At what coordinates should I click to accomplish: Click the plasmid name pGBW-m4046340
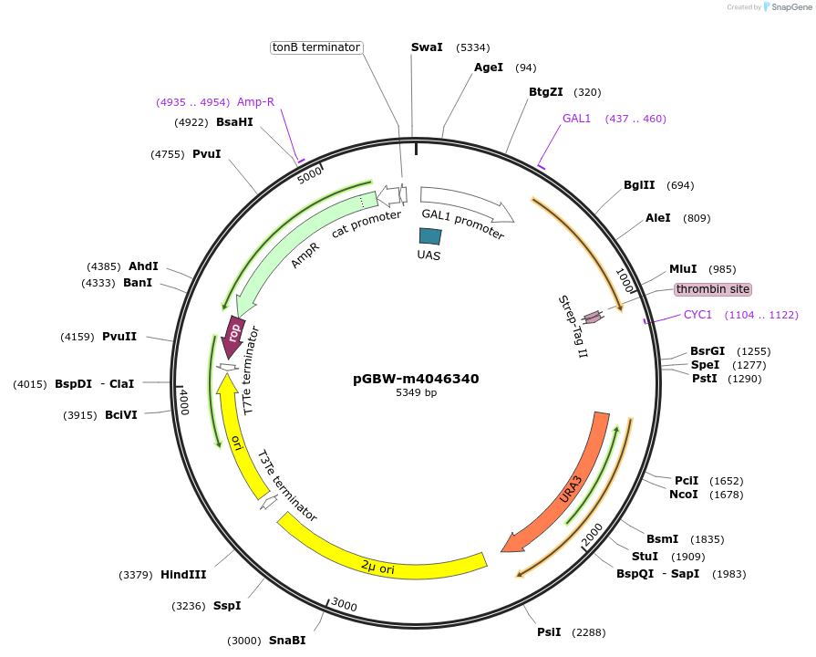point(416,379)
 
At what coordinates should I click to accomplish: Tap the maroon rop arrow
point(233,337)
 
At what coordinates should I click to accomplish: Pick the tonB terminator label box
point(316,47)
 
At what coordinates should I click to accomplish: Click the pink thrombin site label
point(713,289)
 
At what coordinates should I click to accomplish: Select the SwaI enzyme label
point(427,47)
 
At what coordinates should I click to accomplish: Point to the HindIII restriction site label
point(183,575)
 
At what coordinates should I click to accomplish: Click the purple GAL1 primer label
point(576,119)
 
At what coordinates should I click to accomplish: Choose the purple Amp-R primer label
point(255,101)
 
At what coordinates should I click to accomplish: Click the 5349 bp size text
point(416,393)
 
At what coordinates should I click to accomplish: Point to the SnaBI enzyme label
point(286,641)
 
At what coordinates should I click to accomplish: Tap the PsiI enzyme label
point(549,632)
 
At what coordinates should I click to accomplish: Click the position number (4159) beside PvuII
point(77,337)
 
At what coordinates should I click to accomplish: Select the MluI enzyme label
point(683,268)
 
